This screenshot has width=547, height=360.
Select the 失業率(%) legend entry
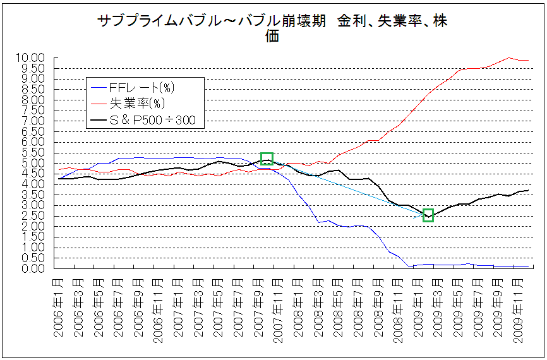[128, 102]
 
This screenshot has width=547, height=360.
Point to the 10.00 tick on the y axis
[32, 57]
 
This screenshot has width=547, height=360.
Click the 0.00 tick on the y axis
[32, 268]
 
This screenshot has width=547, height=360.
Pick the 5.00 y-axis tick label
[32, 163]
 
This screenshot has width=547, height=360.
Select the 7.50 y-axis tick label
[32, 110]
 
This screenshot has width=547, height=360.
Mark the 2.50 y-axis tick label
[32, 215]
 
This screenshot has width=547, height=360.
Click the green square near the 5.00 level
[267, 159]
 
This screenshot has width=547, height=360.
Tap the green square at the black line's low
[428, 215]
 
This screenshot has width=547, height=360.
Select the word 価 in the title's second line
[272, 36]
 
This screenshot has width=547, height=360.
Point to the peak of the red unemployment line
[509, 57]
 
